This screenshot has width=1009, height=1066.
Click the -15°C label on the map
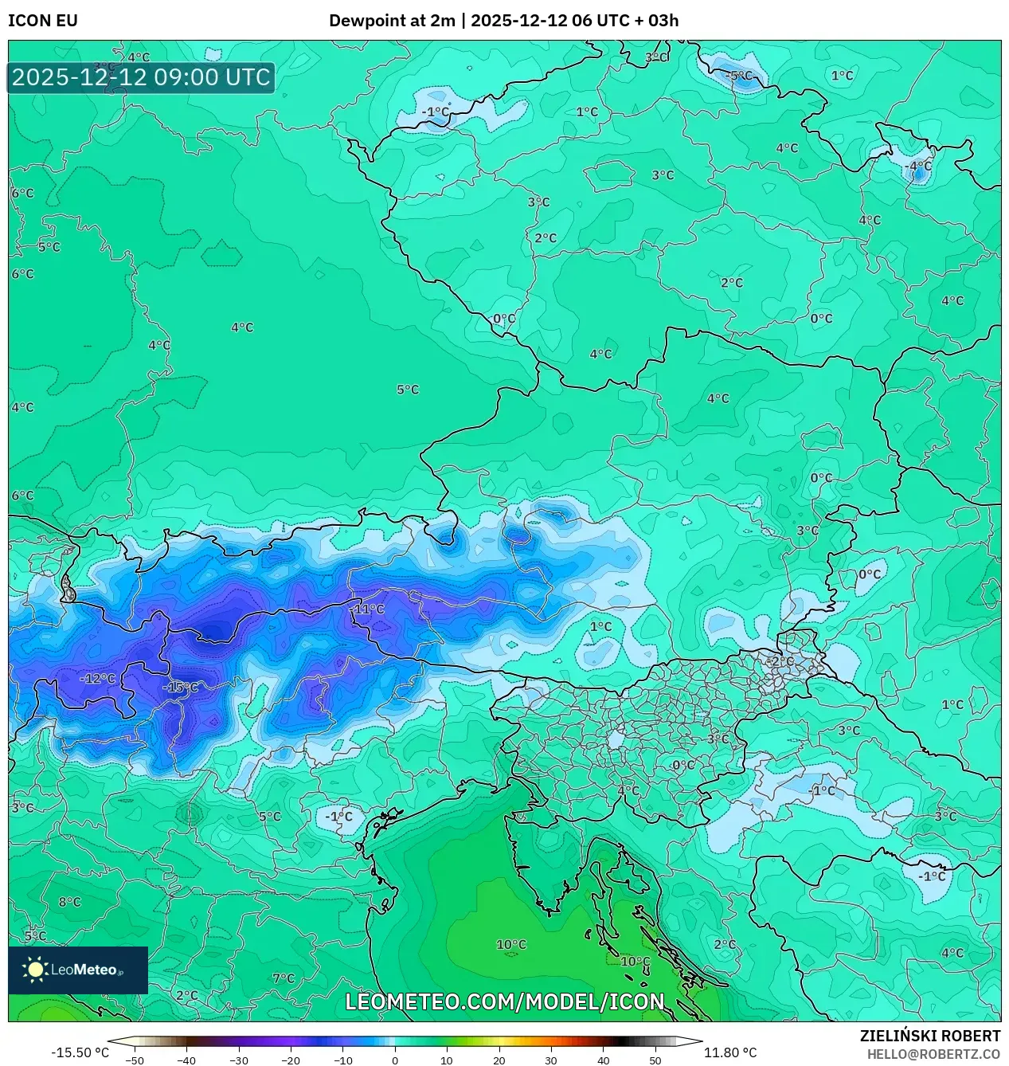click(181, 688)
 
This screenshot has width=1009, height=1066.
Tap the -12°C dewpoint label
click(98, 679)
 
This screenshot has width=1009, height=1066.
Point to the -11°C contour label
click(368, 609)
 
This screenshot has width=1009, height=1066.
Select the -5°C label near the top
click(739, 76)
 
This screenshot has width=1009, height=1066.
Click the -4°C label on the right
click(918, 167)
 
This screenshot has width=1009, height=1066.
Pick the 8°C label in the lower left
click(70, 903)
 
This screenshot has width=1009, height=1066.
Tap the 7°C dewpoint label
click(284, 978)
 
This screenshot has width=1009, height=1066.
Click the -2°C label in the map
click(781, 661)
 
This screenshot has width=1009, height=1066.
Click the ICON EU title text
click(43, 21)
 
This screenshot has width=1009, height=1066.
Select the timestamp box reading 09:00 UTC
click(141, 78)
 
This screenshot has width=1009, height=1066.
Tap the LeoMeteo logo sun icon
click(35, 970)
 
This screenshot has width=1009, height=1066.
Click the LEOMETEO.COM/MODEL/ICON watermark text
click(504, 1002)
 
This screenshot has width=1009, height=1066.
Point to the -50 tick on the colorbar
click(135, 1060)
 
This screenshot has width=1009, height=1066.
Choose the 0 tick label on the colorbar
click(395, 1060)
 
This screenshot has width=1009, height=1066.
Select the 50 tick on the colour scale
click(655, 1060)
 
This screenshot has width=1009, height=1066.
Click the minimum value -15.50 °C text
click(80, 1052)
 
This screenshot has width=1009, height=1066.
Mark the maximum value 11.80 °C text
click(730, 1052)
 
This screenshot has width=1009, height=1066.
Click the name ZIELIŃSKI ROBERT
click(930, 1036)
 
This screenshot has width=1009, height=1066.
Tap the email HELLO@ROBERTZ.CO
click(933, 1054)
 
